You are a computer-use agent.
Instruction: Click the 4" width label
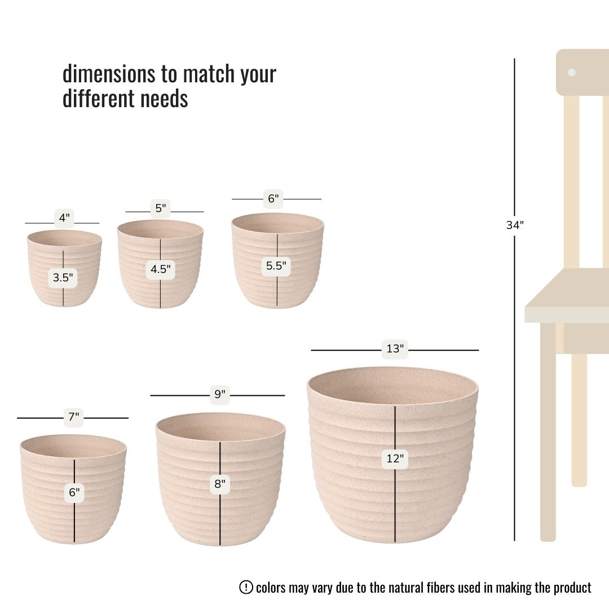click(64, 218)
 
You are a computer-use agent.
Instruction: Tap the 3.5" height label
click(63, 277)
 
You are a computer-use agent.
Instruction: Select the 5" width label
click(160, 208)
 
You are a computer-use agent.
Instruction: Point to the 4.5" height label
click(160, 269)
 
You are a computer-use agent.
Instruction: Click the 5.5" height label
click(276, 266)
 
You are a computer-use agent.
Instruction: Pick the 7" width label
click(74, 417)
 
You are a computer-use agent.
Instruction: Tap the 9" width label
click(220, 394)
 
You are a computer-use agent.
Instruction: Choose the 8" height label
click(220, 484)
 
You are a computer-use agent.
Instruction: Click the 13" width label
click(395, 348)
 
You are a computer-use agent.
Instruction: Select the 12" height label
click(395, 458)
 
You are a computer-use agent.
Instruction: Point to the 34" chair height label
click(515, 225)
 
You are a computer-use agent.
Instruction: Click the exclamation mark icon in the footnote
click(246, 587)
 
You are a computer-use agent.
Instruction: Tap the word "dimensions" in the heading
click(109, 73)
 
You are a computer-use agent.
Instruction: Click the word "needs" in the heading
click(164, 98)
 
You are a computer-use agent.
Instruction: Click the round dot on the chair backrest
click(572, 72)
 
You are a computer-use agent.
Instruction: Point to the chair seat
click(567, 295)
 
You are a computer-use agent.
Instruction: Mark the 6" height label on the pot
click(74, 492)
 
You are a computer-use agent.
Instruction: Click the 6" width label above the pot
click(273, 198)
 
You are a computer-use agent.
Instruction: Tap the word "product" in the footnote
click(572, 588)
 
